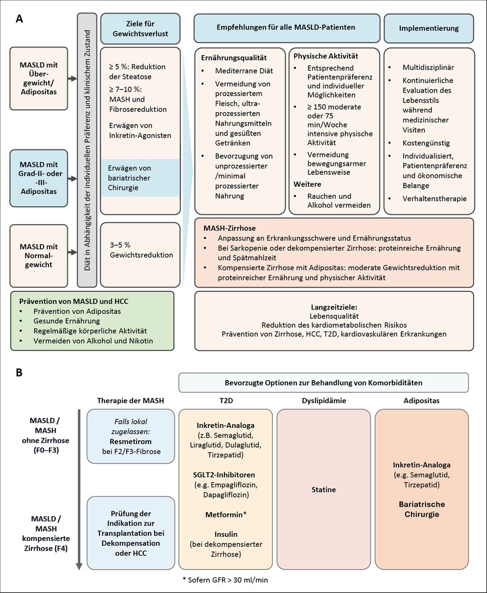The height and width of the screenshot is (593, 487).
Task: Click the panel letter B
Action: click(x=19, y=372)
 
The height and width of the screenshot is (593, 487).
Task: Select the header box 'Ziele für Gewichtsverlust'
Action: click(x=140, y=28)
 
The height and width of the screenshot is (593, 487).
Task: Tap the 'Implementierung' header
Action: click(x=429, y=28)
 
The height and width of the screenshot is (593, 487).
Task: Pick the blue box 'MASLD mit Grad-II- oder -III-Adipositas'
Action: click(x=39, y=178)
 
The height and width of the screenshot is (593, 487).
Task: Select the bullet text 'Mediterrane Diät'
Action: click(x=244, y=70)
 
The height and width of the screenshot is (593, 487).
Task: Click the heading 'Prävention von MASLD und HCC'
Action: click(x=74, y=301)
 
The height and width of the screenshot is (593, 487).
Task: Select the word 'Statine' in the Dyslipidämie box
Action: click(x=323, y=489)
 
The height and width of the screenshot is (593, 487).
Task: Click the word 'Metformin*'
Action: click(x=225, y=515)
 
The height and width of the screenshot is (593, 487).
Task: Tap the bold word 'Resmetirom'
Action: click(x=130, y=441)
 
